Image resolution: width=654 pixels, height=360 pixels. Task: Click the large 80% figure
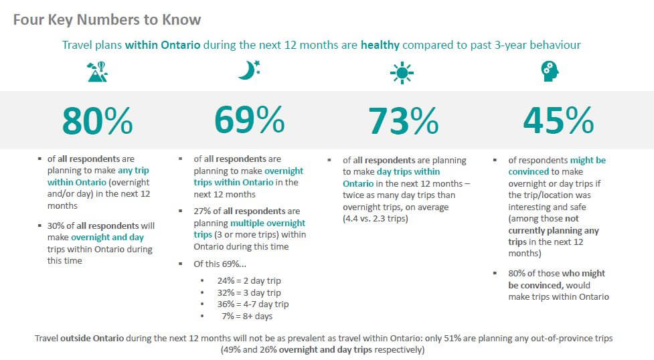pos(97,120)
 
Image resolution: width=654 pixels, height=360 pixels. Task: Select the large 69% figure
pos(249,120)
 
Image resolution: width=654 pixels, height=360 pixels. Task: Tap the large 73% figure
pos(403,120)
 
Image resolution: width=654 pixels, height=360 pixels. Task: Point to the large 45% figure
pos(558,120)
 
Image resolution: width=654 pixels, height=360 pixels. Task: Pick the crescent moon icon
pos(249,70)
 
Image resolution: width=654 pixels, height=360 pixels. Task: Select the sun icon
pos(402,72)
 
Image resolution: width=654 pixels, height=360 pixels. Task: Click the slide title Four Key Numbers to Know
pos(106,19)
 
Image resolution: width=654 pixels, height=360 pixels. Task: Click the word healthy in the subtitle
pos(380,46)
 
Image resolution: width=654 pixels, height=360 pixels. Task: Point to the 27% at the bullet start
pos(202,211)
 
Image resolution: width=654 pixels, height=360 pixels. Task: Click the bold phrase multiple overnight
pos(268,223)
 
